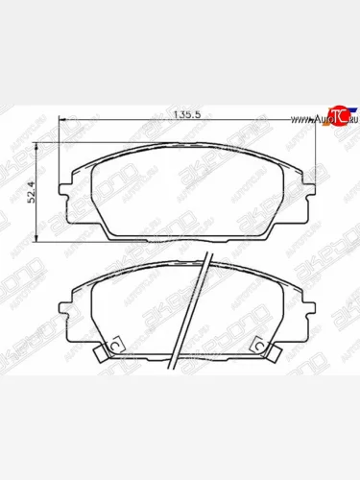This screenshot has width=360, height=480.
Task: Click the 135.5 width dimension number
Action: point(186,114)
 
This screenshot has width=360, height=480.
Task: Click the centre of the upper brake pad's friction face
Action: point(186,192)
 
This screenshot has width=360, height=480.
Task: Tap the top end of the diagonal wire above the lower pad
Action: point(207,256)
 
